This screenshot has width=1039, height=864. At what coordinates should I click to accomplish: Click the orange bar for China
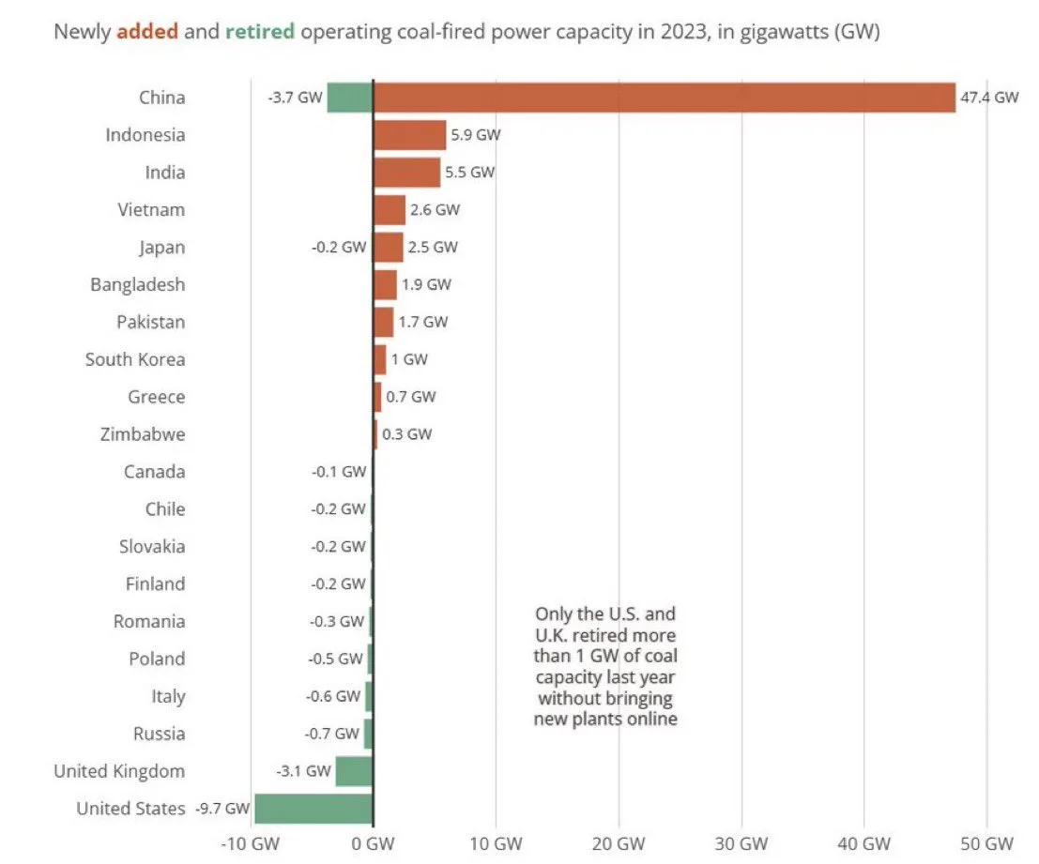coord(664,98)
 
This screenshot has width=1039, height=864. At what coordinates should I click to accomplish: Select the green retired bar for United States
coord(313,809)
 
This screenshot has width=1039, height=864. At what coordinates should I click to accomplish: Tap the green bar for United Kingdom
coord(354,771)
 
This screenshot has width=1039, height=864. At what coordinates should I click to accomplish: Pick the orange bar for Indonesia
coord(409,135)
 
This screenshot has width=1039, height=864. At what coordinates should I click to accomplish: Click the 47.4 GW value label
coord(988,98)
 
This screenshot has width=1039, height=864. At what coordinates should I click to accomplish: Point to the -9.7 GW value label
coord(222,809)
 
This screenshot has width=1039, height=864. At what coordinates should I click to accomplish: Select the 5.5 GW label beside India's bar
coord(470,173)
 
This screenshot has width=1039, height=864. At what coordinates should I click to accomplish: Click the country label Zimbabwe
coord(142,434)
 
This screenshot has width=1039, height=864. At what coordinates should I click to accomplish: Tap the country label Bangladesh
coord(137,284)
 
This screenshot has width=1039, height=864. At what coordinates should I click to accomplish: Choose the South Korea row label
coord(135,359)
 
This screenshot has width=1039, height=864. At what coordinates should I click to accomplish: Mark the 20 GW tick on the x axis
coord(619,842)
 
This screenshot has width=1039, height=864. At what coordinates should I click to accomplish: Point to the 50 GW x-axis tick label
coord(986,842)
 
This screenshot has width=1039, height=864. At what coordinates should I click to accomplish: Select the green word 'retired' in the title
coord(260,32)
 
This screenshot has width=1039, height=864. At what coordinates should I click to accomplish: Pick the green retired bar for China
coord(349,98)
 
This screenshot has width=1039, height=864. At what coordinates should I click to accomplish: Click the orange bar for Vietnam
coord(389,210)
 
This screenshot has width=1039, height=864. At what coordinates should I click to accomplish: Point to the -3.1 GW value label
coord(304,771)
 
